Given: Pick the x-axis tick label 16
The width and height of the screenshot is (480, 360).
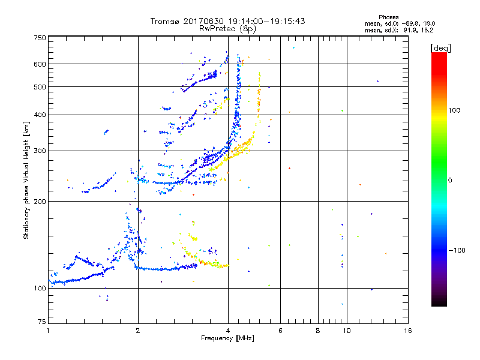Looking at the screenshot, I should click(x=407, y=331).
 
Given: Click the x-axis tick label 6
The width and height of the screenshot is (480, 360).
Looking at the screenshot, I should click(x=280, y=331).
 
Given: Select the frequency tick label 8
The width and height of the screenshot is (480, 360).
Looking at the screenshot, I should click(x=318, y=331).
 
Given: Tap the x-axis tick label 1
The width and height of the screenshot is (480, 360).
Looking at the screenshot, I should click(x=48, y=331).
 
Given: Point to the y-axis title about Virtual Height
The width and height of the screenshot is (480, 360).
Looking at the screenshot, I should click(x=26, y=180).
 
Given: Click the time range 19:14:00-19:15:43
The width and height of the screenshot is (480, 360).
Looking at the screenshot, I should click(x=264, y=21).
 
